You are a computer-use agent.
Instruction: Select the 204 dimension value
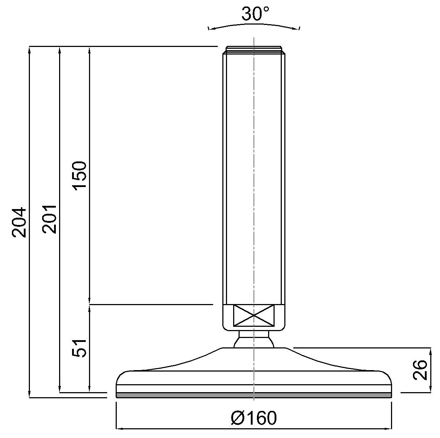point(19,222)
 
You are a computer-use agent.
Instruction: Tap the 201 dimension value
point(49,219)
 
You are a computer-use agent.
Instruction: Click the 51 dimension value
point(79,348)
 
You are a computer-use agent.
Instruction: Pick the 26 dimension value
point(420,370)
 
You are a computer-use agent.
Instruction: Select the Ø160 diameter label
point(254,418)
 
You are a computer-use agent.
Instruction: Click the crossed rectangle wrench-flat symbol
point(254,316)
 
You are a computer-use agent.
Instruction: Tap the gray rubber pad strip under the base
point(254,395)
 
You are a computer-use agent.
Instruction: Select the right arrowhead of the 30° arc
point(298,29)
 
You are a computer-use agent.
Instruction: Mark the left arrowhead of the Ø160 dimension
point(119,429)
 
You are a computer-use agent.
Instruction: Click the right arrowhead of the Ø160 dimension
point(390,429)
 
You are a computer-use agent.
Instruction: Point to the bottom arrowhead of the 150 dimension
point(89,302)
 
